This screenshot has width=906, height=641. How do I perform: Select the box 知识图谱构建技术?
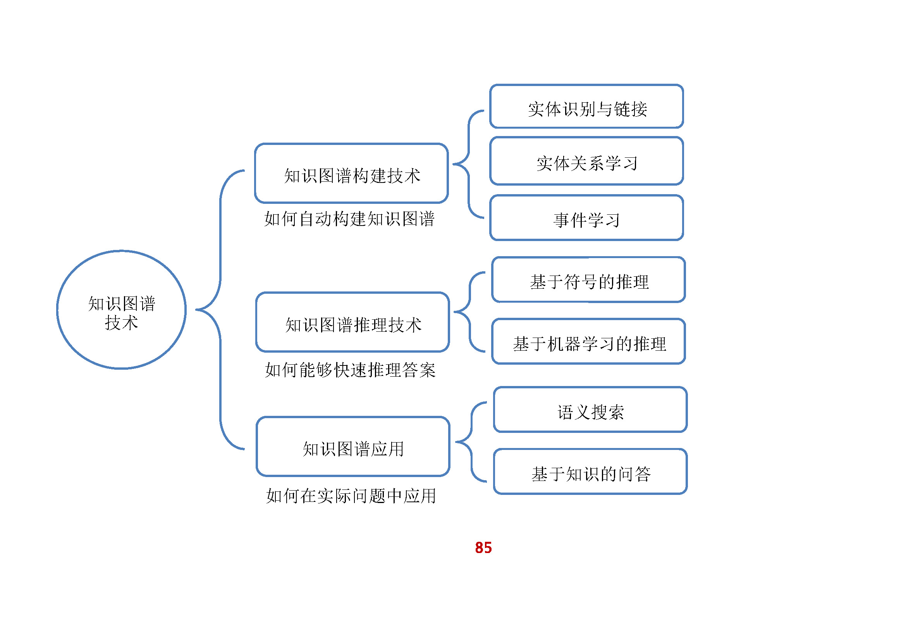(x=352, y=174)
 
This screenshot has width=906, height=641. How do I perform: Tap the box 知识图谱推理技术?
(x=352, y=322)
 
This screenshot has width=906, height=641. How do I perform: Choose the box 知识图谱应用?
(x=353, y=447)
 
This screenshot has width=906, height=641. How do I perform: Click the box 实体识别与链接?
(x=586, y=107)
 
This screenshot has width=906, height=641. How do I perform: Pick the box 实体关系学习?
(x=586, y=161)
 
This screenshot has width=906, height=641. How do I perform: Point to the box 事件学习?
(x=586, y=218)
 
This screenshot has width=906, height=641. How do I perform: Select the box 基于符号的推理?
(x=588, y=280)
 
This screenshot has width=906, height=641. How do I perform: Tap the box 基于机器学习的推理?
(x=588, y=341)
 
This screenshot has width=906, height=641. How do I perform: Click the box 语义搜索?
(x=590, y=410)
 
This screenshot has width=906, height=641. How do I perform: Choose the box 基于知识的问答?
(x=590, y=472)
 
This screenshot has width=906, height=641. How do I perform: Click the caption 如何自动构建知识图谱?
(x=349, y=219)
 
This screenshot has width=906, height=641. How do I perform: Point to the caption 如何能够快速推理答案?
(x=350, y=370)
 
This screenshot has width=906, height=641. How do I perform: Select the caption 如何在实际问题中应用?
(x=351, y=496)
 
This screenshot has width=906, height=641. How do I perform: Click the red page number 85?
(x=483, y=548)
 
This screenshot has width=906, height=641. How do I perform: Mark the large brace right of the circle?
(x=220, y=310)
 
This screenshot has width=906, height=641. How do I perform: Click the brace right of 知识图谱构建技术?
(x=468, y=164)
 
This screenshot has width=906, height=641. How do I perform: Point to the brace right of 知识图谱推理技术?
(x=469, y=312)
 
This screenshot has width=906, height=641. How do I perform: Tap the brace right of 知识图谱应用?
(x=471, y=442)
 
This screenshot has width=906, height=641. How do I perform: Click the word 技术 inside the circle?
(x=121, y=323)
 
